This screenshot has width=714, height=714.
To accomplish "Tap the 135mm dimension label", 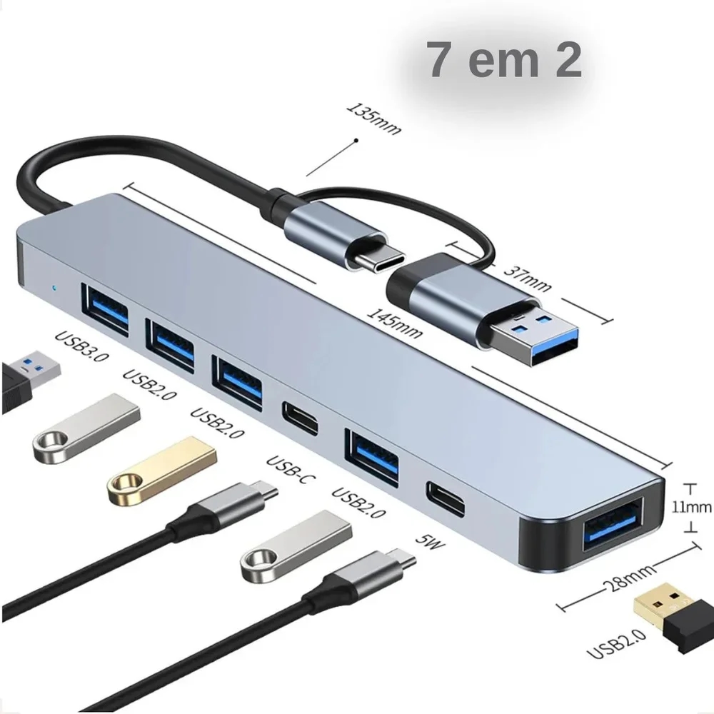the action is [x=374, y=119].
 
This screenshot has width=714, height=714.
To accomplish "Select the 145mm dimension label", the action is [x=394, y=323].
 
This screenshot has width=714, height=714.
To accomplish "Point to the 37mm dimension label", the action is [x=528, y=278].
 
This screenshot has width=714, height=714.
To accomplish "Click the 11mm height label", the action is [x=692, y=507].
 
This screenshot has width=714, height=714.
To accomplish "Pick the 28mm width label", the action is [x=629, y=578].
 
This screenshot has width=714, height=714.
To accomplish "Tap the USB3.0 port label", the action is [x=82, y=346].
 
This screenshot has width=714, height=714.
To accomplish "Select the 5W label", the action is [x=430, y=540].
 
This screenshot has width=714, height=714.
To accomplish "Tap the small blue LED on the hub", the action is [x=55, y=288].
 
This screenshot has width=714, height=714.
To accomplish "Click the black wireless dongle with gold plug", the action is [x=673, y=618].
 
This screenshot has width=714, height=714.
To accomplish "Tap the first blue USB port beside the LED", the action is [x=105, y=310].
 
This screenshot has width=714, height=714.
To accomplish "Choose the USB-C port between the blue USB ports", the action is [x=300, y=419].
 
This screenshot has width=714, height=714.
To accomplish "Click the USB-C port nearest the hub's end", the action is [x=446, y=499].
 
